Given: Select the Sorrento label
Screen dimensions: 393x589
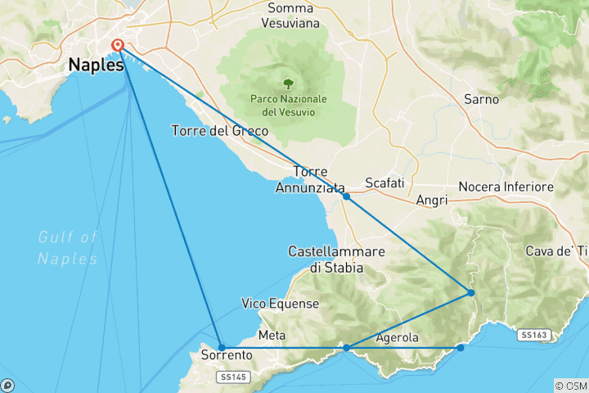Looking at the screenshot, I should [x=226, y=356].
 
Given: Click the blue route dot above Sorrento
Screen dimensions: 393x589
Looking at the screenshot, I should [x=222, y=347].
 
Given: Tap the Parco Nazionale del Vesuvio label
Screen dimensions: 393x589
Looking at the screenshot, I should [x=288, y=105].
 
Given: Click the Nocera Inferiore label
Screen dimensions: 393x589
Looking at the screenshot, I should [x=506, y=187].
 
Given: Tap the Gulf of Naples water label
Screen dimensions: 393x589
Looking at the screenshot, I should [x=67, y=247].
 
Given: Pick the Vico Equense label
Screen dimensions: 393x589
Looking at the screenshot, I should [x=280, y=304].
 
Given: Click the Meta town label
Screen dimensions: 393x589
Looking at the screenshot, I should [x=272, y=336].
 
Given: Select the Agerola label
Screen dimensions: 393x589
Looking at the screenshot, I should [x=397, y=338].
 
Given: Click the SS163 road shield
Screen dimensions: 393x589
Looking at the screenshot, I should [x=533, y=335].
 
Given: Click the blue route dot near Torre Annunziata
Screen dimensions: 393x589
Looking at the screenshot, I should [x=347, y=196].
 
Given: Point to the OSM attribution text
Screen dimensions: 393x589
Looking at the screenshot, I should [x=571, y=386].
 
